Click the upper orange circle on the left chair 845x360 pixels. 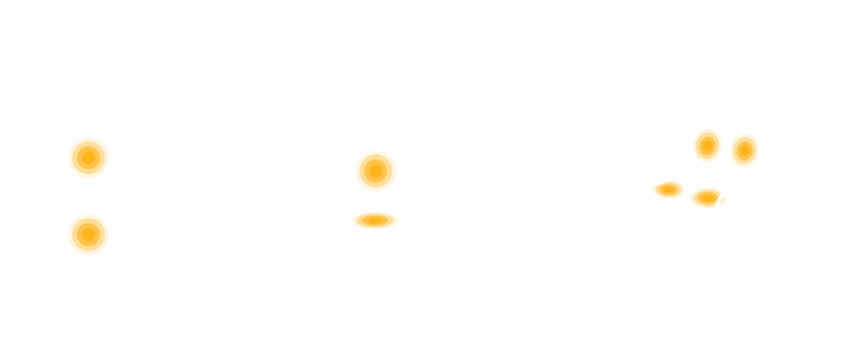tap(88, 157)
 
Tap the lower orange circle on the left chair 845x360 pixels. tap(88, 234)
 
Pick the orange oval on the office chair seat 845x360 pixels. tap(375, 220)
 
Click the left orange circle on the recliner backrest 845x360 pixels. tap(707, 146)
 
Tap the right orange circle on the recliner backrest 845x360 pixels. tap(744, 149)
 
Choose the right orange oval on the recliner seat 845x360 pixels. tap(706, 197)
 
